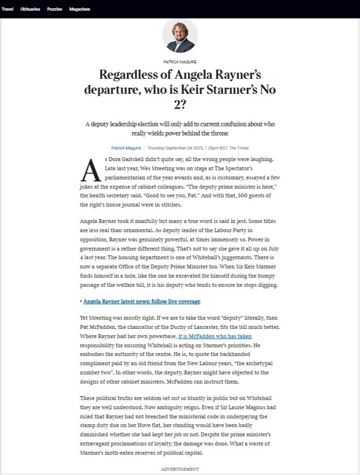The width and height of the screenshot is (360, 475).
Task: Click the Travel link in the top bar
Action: click(7, 9)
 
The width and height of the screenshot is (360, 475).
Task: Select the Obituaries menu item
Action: click(30, 9)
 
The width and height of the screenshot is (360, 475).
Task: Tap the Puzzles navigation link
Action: click(55, 9)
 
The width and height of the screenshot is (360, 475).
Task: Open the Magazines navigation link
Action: click(80, 9)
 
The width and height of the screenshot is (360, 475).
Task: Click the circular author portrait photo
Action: click(180, 36)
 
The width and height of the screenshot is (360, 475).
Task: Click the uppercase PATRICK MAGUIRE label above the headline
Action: click(180, 62)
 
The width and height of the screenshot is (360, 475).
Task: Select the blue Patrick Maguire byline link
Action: click(126, 148)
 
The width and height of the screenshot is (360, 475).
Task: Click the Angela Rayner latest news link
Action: click(142, 302)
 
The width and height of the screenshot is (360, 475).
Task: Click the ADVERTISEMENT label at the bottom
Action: click(180, 469)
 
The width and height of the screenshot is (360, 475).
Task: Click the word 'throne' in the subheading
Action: click(219, 133)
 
